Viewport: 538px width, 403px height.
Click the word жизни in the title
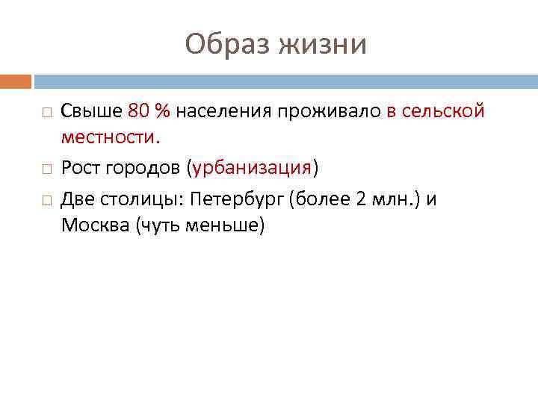tap(323, 44)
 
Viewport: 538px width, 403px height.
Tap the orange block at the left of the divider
tap(15, 81)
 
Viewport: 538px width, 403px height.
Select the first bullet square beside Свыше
tap(46, 112)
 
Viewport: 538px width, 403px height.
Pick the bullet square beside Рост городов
tap(46, 169)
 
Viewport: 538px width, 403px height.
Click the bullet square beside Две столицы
tap(46, 198)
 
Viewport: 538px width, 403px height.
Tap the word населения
tap(223, 111)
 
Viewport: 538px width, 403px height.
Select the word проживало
tap(330, 111)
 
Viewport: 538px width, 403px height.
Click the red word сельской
tap(444, 111)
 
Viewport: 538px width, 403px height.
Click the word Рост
tap(80, 168)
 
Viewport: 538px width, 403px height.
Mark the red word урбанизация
tap(251, 168)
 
